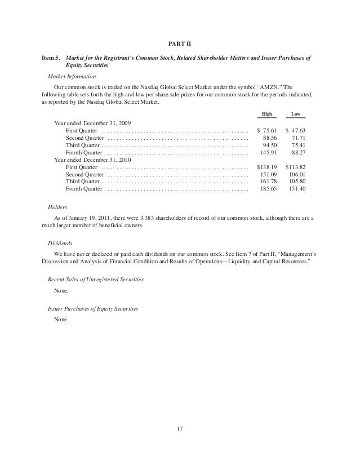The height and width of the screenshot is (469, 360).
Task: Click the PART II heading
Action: pos(180,44)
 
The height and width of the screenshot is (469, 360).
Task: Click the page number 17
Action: pos(180,432)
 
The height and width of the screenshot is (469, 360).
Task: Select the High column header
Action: pos(267,114)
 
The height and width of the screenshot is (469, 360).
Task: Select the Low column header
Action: pos(295,114)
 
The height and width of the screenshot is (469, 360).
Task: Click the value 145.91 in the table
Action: pos(268,152)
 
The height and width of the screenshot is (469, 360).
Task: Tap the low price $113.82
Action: pos(295,167)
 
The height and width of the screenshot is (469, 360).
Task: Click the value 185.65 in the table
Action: pos(268,190)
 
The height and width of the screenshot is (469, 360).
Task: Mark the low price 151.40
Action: pos(296,190)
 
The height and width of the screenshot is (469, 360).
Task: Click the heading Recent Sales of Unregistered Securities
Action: pos(96,280)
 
